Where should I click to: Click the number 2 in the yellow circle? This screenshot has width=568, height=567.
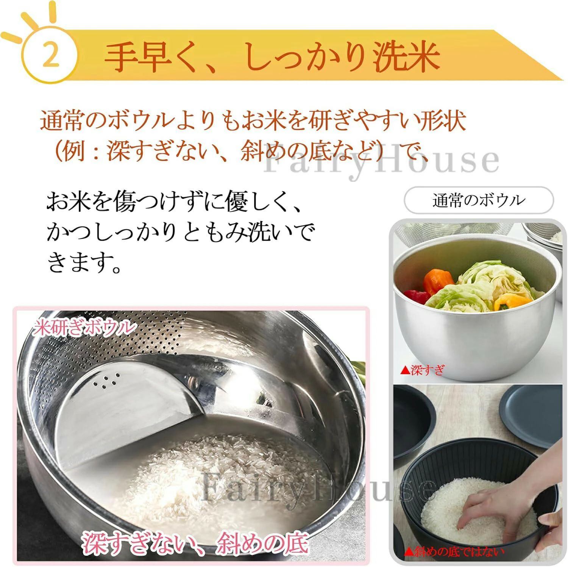pyautogui.click(x=51, y=55)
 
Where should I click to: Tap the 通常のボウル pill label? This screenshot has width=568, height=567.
pyautogui.click(x=479, y=200)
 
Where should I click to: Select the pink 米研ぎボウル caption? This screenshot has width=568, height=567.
pyautogui.click(x=83, y=328)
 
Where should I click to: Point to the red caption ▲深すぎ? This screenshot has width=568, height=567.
pyautogui.click(x=422, y=370)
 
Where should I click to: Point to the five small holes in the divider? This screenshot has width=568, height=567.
pyautogui.click(x=106, y=380)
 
